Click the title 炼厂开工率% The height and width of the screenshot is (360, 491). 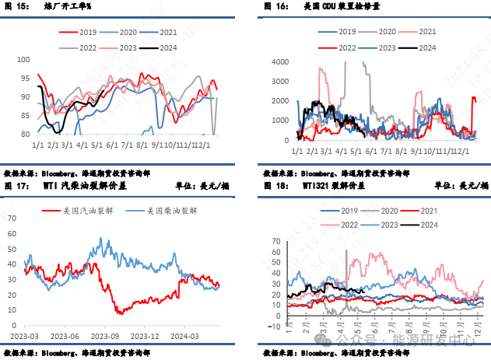67,5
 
